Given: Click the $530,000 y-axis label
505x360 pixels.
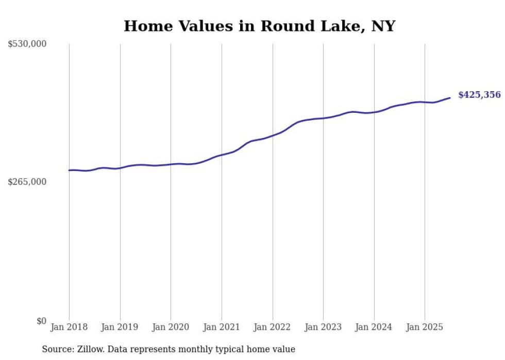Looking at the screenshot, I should [x=27, y=44].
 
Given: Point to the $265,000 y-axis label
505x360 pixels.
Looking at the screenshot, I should [x=27, y=182].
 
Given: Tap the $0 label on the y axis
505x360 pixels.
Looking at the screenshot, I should [x=41, y=321].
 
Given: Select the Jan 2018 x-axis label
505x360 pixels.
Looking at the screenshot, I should [x=69, y=327].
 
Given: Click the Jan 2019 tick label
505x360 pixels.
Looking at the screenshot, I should [x=120, y=327].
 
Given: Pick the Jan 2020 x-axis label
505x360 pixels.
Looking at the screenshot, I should [x=171, y=327].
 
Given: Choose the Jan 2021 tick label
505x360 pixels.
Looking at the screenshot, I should [x=222, y=327].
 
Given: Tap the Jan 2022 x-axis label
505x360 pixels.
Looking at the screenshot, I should [x=273, y=327].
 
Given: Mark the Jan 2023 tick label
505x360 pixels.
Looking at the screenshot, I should [x=323, y=327].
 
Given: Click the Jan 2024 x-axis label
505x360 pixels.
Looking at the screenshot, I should [x=374, y=327].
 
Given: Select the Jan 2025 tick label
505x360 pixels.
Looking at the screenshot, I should [x=425, y=327].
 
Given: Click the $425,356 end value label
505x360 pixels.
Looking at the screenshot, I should [x=479, y=95].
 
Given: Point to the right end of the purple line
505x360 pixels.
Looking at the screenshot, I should [x=450, y=98].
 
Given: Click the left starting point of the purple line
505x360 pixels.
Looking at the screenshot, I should [x=69, y=170].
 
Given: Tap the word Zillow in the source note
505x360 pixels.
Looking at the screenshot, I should [x=90, y=349].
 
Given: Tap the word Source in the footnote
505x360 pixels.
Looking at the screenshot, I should [x=57, y=349].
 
